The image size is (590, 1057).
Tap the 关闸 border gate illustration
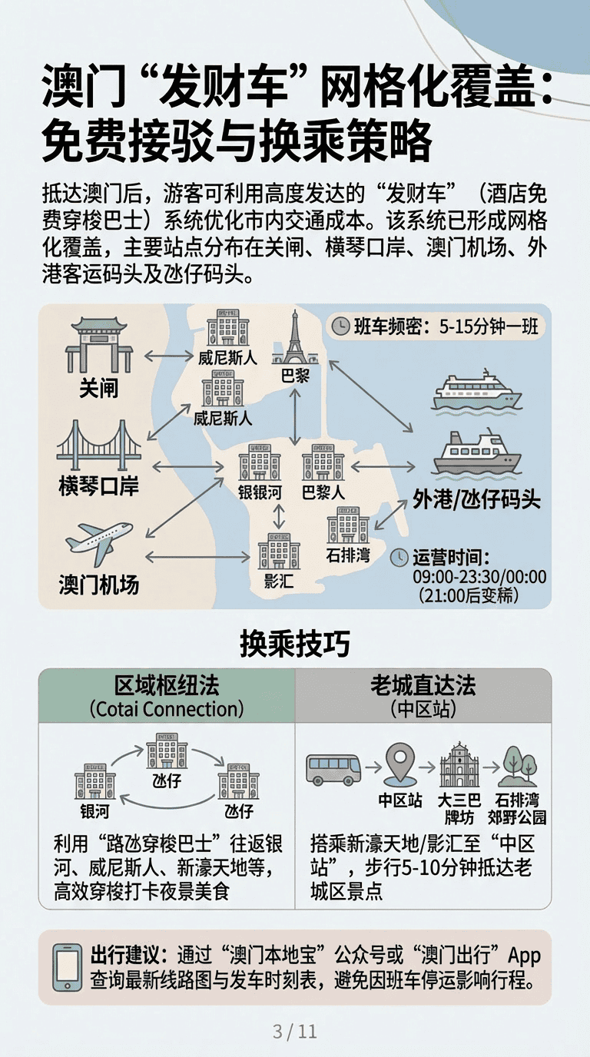point(99,345)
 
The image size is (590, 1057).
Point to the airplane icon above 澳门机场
point(99,543)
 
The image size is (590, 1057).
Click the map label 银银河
point(260,492)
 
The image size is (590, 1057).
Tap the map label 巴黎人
point(323,492)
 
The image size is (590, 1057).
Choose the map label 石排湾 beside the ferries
point(348,555)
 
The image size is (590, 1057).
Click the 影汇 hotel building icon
point(279,551)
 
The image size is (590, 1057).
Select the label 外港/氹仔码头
point(477,499)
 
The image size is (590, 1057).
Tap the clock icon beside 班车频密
point(340,326)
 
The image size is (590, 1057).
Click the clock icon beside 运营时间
point(399,557)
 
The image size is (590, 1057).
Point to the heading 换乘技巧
point(295,643)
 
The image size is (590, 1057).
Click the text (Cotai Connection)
point(167,709)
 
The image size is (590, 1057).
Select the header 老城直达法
point(423,685)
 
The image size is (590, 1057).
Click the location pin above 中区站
point(400,762)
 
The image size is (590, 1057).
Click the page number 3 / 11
point(295,1031)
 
